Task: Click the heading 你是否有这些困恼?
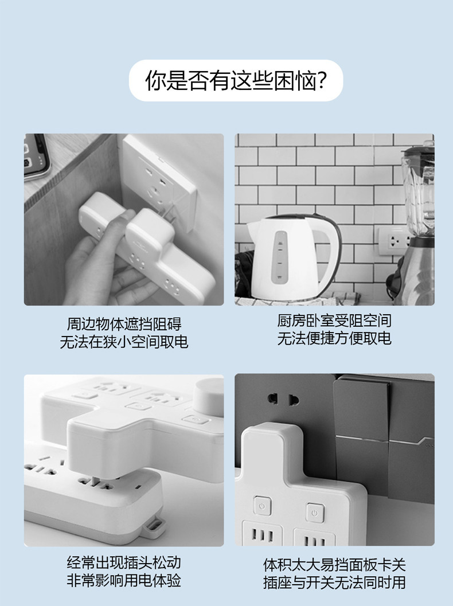pos(236,80)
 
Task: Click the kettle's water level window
pos(280,257)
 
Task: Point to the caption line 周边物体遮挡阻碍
pos(124,324)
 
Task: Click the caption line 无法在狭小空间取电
pos(124,342)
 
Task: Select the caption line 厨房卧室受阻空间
pos(334,320)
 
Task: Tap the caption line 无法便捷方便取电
pos(334,338)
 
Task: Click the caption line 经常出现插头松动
pos(124,562)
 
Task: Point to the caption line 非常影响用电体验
pos(124,580)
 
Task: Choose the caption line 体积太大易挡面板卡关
pos(334,565)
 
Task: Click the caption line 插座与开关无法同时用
pos(334,582)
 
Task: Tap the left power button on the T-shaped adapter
pos(263,506)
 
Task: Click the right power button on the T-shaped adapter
pos(315,513)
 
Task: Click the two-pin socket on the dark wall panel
pos(284,399)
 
